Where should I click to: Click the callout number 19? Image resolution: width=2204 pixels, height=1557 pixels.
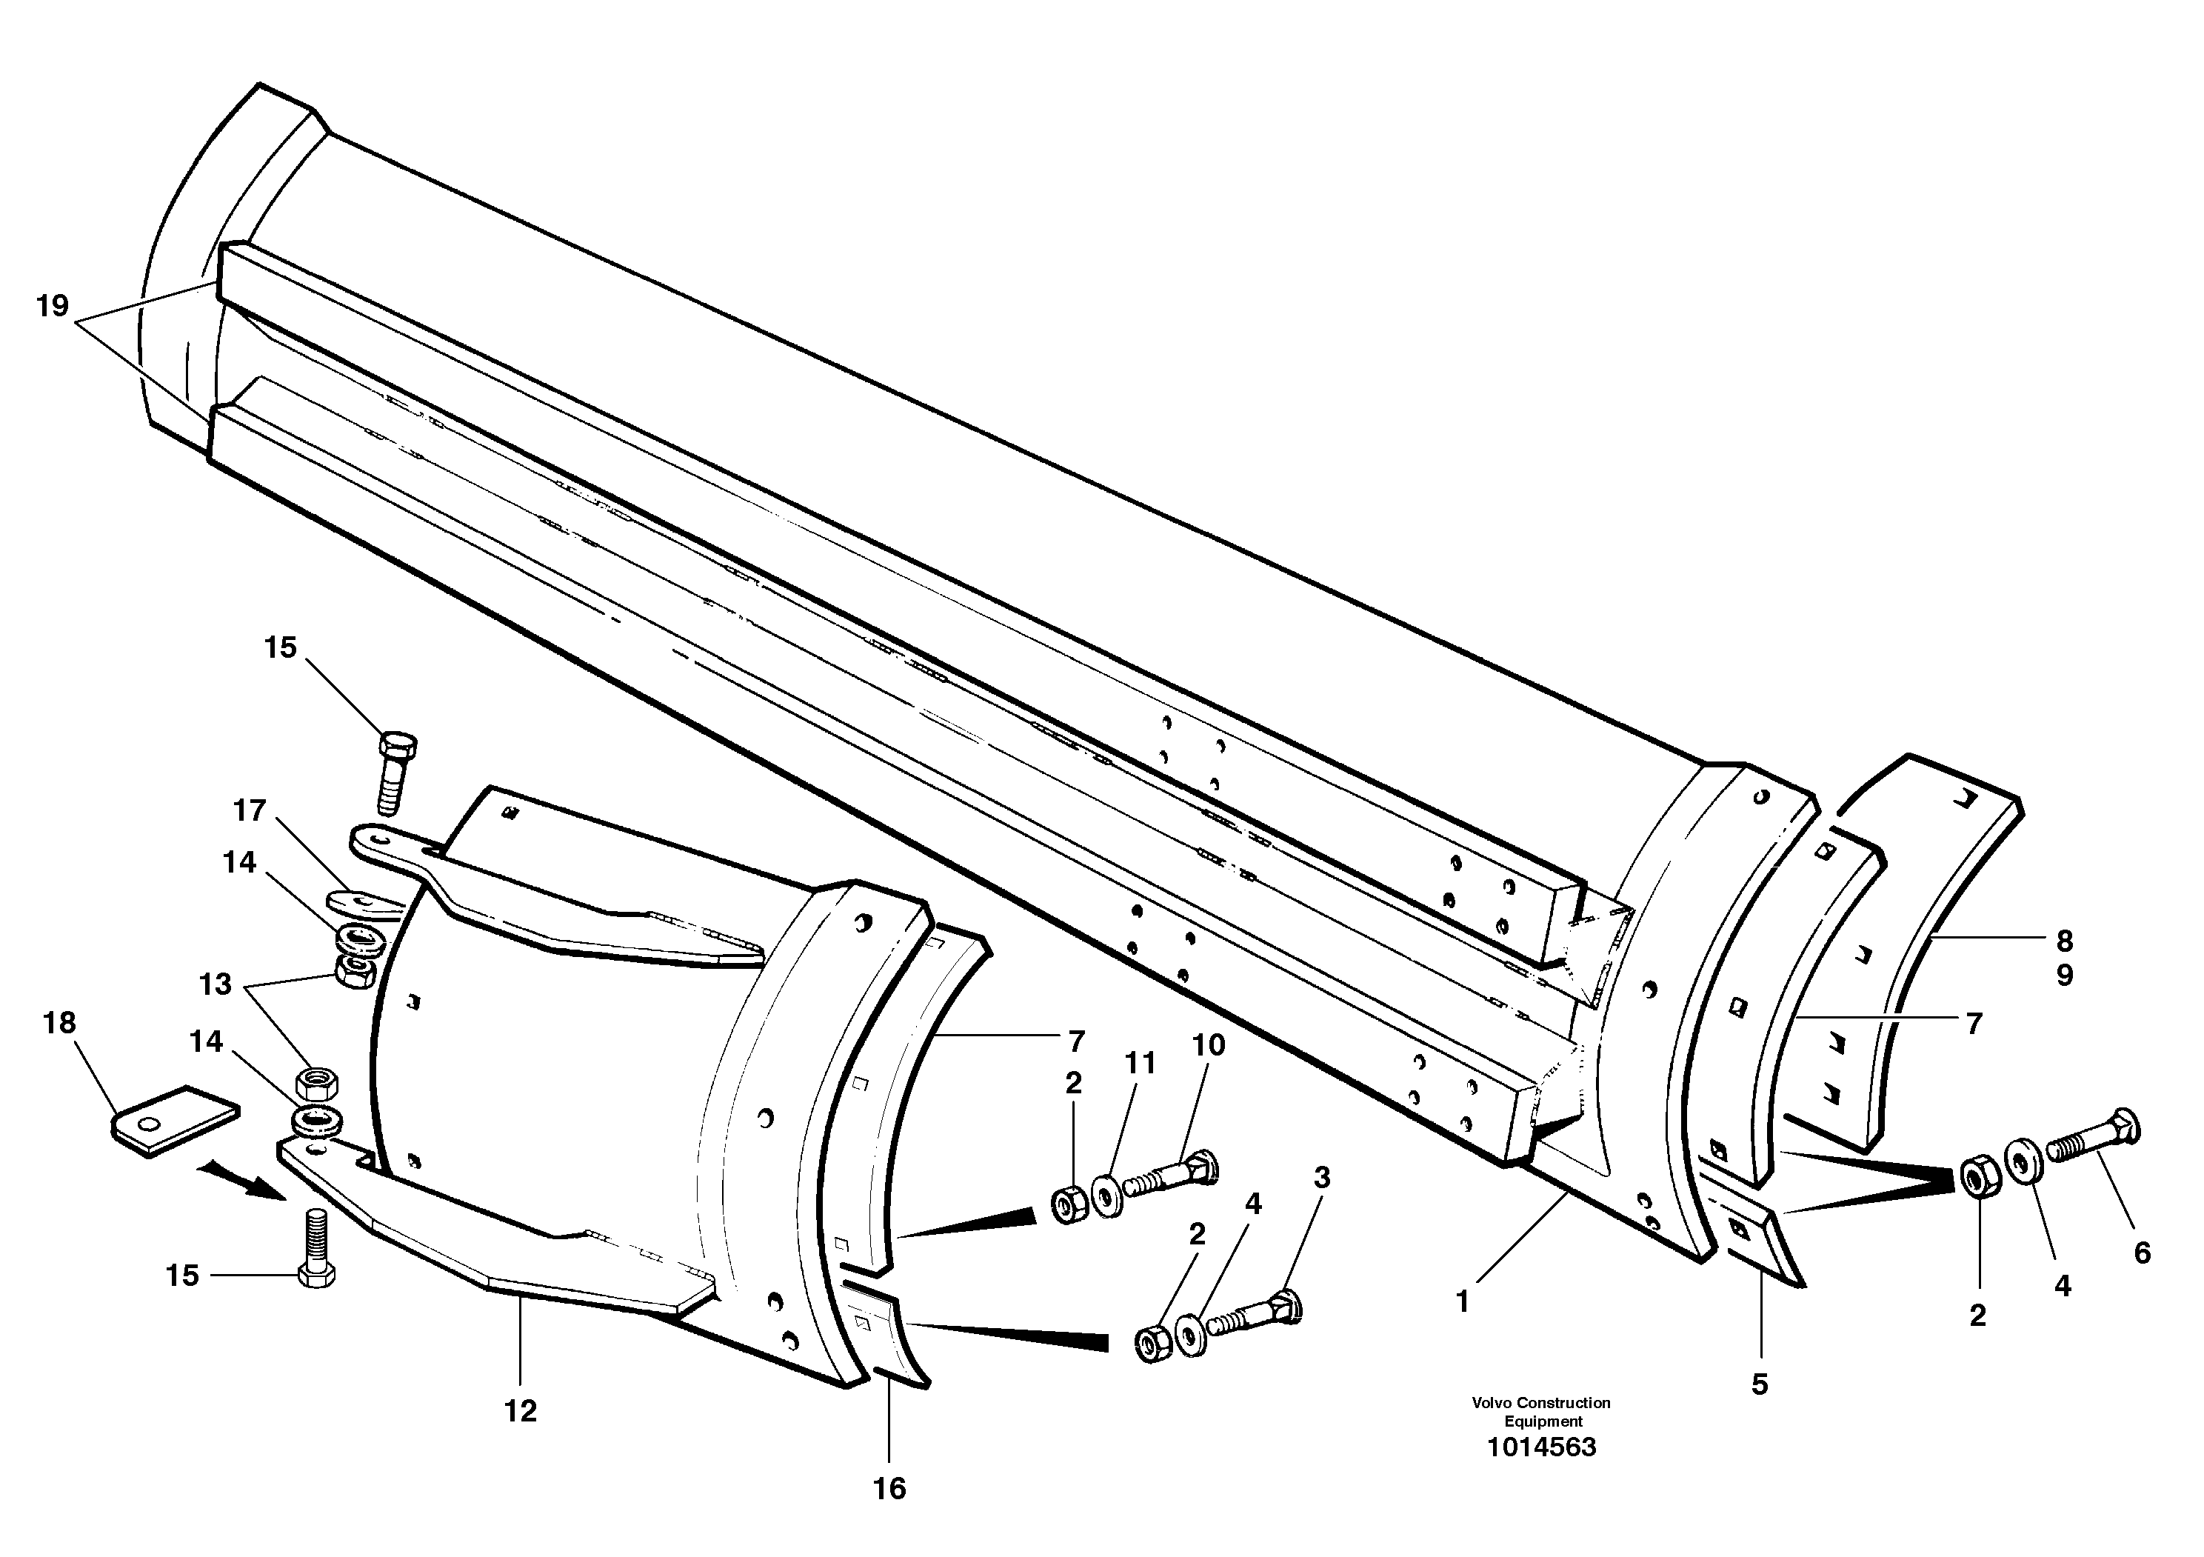pyautogui.click(x=53, y=306)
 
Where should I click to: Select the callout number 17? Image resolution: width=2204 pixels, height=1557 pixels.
pyautogui.click(x=250, y=811)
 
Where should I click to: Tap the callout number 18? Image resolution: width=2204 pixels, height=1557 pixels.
pyautogui.click(x=59, y=1023)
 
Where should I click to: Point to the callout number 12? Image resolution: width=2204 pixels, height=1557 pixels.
pyautogui.click(x=521, y=1411)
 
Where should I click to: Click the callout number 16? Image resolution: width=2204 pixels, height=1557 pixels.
pyautogui.click(x=889, y=1489)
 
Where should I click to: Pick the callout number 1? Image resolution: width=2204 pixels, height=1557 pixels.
pyautogui.click(x=1463, y=1303)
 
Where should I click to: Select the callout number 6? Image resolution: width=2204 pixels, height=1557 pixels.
pyautogui.click(x=2143, y=1253)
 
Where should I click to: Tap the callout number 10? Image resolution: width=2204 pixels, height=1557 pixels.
pyautogui.click(x=1209, y=1045)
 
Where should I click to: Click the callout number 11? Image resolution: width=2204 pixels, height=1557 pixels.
pyautogui.click(x=1141, y=1063)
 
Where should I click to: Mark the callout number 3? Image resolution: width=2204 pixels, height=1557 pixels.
pyautogui.click(x=1322, y=1178)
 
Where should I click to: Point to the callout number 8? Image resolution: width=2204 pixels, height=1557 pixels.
pyautogui.click(x=2065, y=941)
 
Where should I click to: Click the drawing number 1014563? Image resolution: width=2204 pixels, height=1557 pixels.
pyautogui.click(x=1542, y=1447)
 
